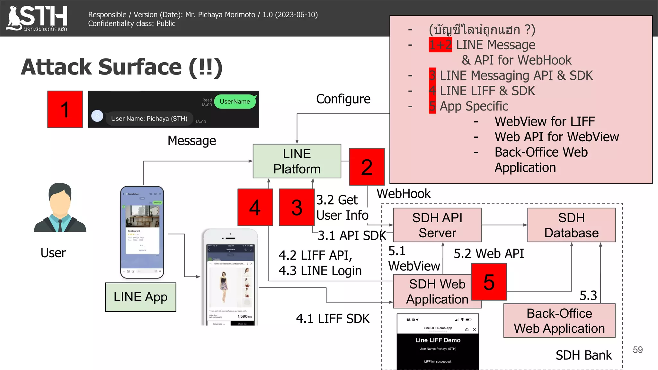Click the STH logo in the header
point(37,18)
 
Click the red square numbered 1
point(65,109)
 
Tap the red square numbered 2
point(367,167)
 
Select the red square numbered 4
point(255,207)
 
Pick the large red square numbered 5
point(489,282)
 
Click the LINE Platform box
point(297,161)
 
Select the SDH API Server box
point(437,225)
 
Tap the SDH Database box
point(571,225)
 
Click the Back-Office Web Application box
point(559,321)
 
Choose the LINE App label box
point(140,297)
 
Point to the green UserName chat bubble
point(235,101)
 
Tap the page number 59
point(637,350)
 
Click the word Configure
point(343,99)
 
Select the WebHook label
point(404,194)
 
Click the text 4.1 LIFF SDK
point(333,319)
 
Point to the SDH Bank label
point(583,355)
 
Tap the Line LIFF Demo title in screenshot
point(438,340)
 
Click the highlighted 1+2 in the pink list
point(440,45)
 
